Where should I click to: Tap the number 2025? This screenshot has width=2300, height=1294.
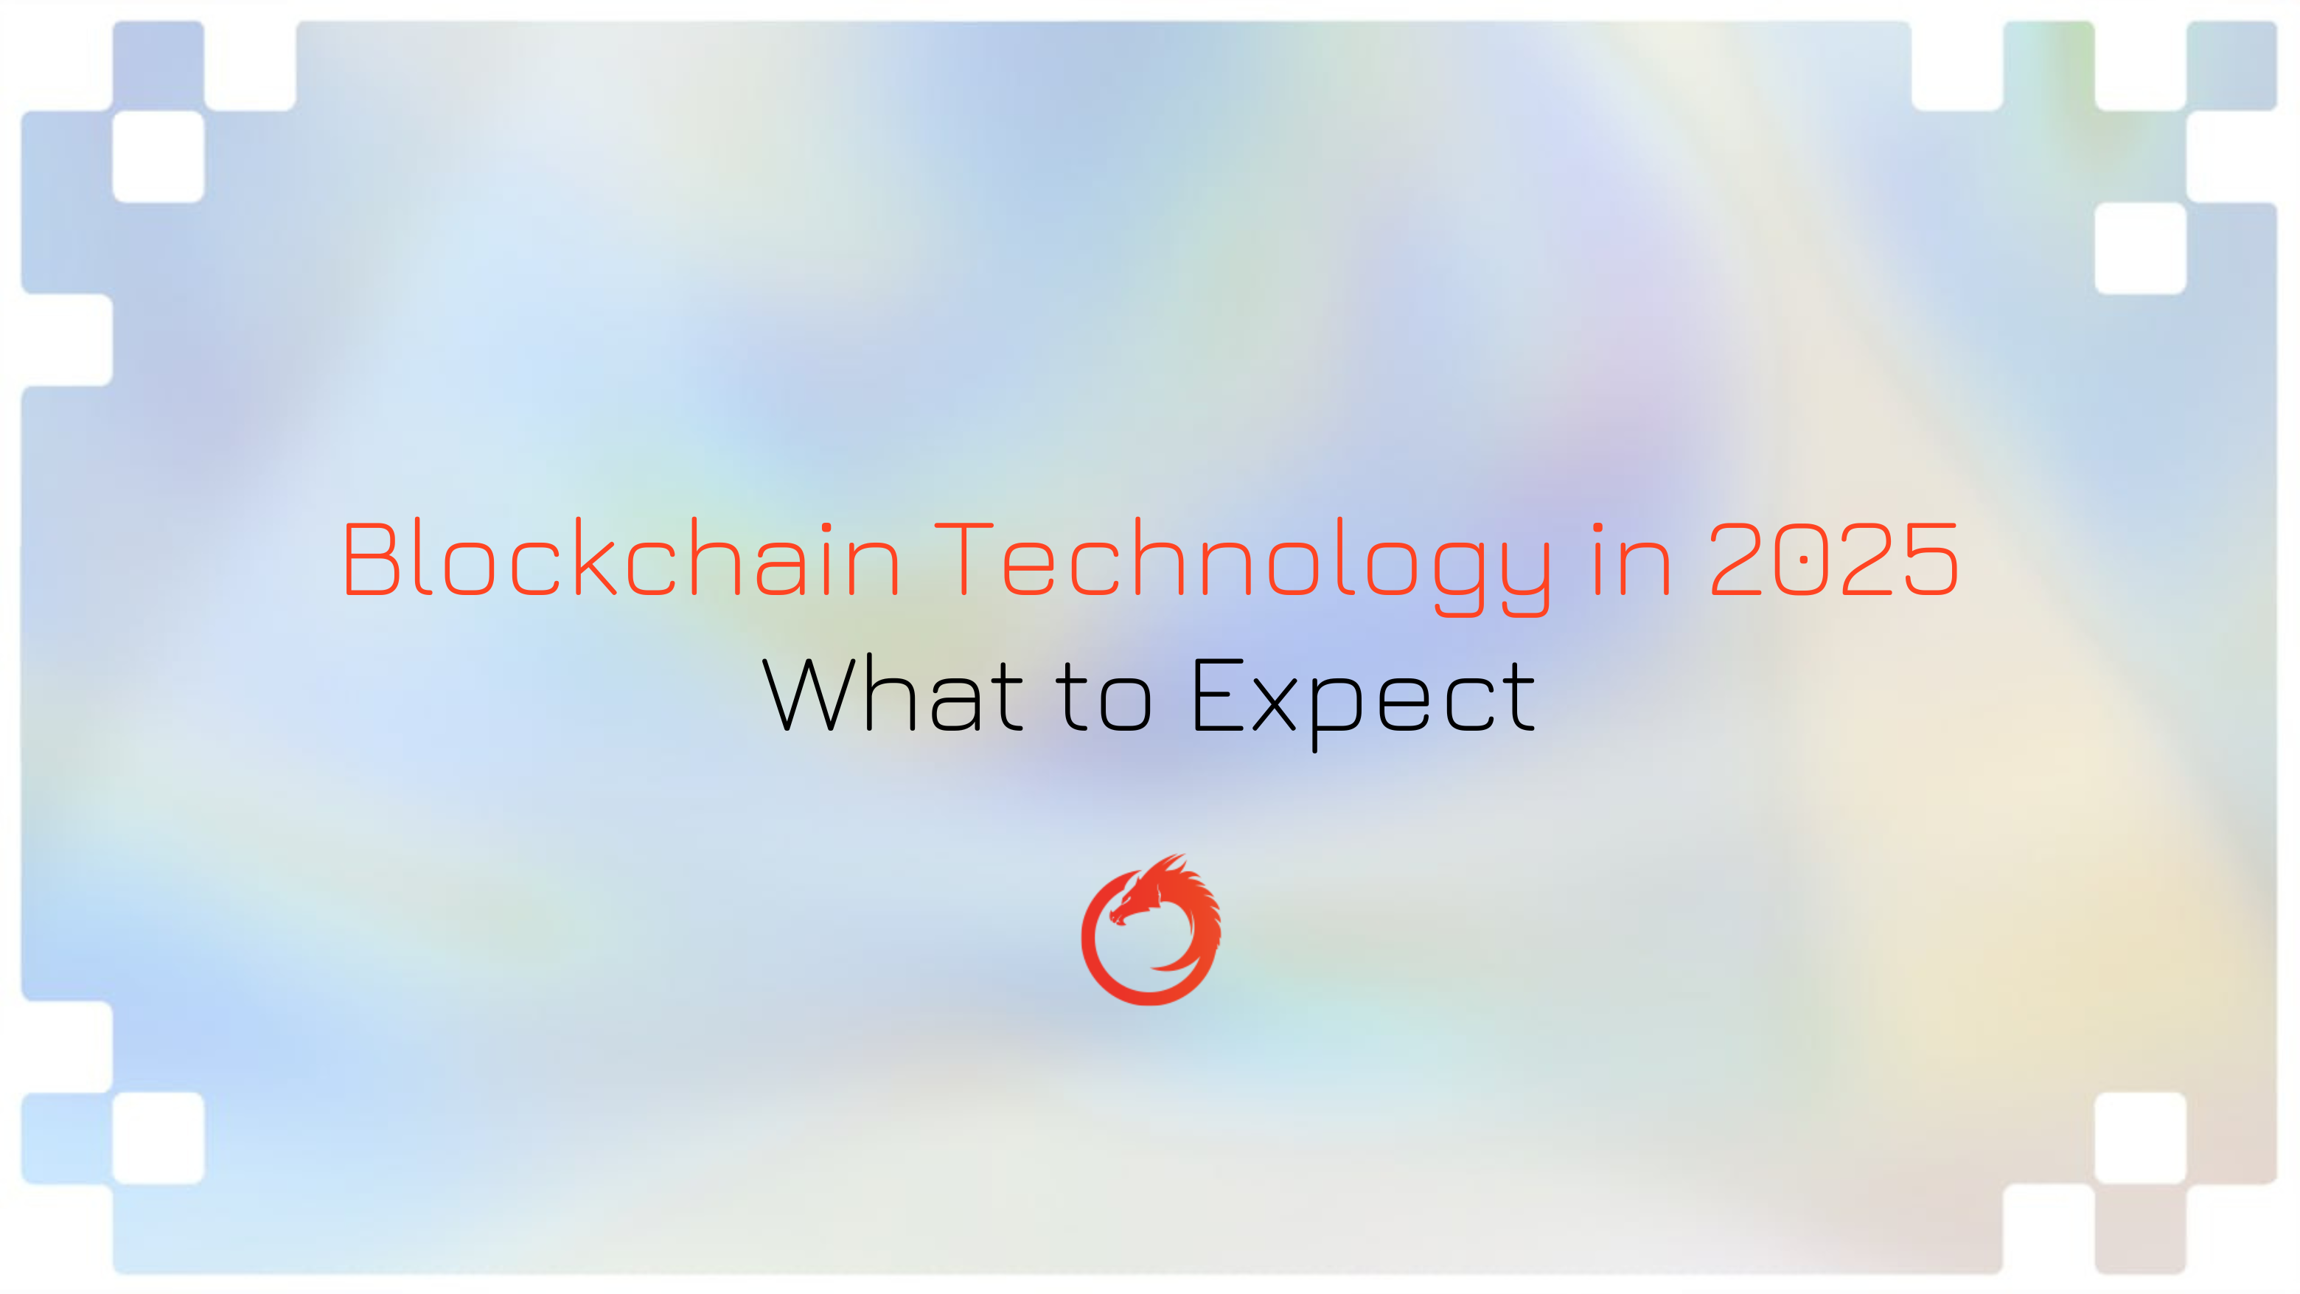pyautogui.click(x=1834, y=560)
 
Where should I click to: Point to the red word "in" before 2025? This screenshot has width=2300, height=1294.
pyautogui.click(x=1631, y=560)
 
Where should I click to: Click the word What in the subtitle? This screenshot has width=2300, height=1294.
pyautogui.click(x=892, y=694)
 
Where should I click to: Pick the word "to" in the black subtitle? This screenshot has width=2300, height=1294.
pyautogui.click(x=1104, y=697)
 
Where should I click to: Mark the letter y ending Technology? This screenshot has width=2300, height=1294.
pyautogui.click(x=1526, y=571)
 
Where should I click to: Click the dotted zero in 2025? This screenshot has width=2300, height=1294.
pyautogui.click(x=1804, y=560)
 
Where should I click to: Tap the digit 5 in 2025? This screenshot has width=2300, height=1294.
pyautogui.click(x=1931, y=560)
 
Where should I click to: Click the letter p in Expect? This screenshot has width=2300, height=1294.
pyautogui.click(x=1337, y=710)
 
